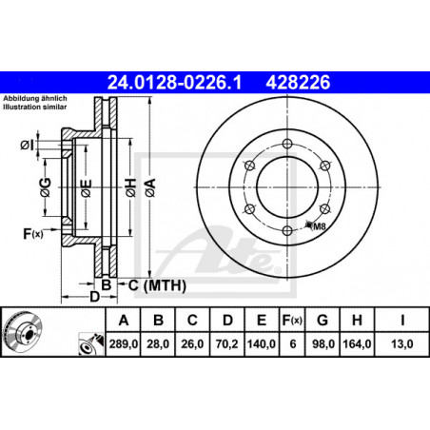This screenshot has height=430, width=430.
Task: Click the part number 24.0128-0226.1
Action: (x=174, y=82)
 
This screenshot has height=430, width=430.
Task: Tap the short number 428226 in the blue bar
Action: (x=298, y=82)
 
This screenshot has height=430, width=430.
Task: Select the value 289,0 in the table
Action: (x=124, y=343)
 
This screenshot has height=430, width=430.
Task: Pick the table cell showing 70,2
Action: (x=226, y=343)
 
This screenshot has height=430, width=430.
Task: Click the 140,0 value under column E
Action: (x=262, y=343)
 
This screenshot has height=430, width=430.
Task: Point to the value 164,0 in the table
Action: (x=357, y=343)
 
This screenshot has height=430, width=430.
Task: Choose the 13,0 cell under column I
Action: (x=401, y=343)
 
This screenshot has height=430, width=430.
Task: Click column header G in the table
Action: (x=322, y=321)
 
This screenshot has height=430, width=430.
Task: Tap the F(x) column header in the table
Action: (x=292, y=321)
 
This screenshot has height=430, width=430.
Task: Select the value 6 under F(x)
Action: (x=293, y=343)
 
